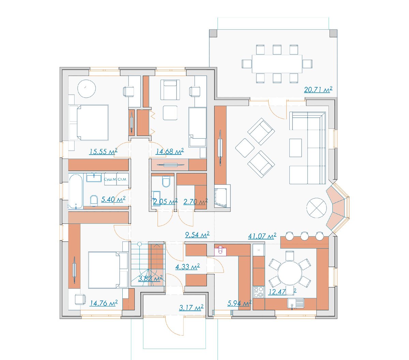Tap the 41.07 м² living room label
click(x=262, y=236)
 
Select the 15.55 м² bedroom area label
click(x=103, y=152)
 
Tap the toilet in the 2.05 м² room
click(x=166, y=182)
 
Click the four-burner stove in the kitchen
click(x=259, y=292)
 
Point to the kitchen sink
click(x=296, y=303)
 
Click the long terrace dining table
click(x=277, y=64)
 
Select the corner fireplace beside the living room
click(x=222, y=197)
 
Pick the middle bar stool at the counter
click(x=304, y=236)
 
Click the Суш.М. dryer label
click(x=110, y=179)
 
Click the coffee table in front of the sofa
click(x=295, y=147)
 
